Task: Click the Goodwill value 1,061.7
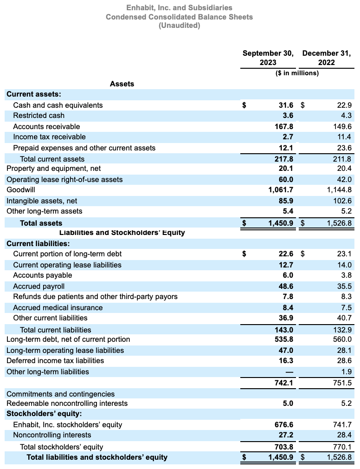pyautogui.click(x=281, y=190)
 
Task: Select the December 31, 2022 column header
pyautogui.click(x=327, y=58)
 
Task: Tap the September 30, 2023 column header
pyautogui.click(x=268, y=58)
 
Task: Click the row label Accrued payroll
pyautogui.click(x=39, y=287)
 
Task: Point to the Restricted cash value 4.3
pyautogui.click(x=346, y=116)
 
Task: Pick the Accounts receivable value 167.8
pyautogui.click(x=284, y=127)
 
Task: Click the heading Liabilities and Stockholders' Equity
pyautogui.click(x=122, y=233)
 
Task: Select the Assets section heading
pyautogui.click(x=122, y=84)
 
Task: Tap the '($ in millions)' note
pyautogui.click(x=297, y=73)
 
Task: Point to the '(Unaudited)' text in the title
pyautogui.click(x=180, y=26)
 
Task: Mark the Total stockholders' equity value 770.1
pyautogui.click(x=343, y=447)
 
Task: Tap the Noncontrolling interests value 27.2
pyautogui.click(x=285, y=435)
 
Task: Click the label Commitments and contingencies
pyautogui.click(x=60, y=394)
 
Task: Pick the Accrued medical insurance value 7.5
pyautogui.click(x=346, y=308)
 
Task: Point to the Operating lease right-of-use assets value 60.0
pyautogui.click(x=285, y=180)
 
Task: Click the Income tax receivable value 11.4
pyautogui.click(x=344, y=137)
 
